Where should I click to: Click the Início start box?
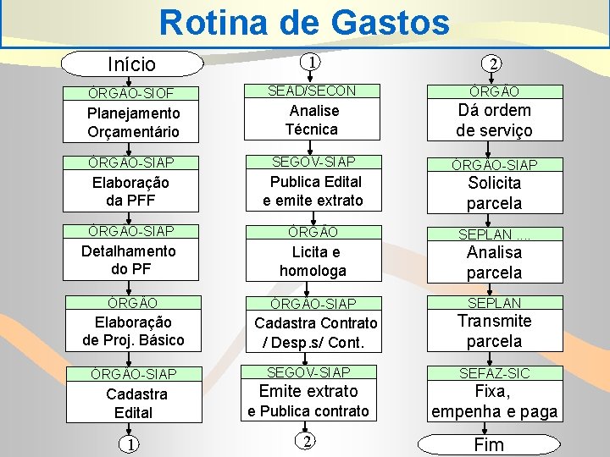[132, 64]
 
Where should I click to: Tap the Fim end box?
[489, 444]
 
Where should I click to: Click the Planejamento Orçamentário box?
[133, 122]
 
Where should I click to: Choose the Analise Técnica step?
[313, 119]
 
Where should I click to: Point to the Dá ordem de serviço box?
[494, 120]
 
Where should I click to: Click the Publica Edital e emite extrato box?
[313, 190]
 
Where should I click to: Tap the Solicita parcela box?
[494, 193]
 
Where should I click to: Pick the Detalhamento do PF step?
[129, 260]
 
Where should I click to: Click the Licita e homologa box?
[313, 261]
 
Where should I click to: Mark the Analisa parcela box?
[494, 262]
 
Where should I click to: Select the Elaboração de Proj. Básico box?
[133, 330]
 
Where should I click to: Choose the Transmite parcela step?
[494, 331]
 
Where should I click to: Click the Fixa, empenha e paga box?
[494, 401]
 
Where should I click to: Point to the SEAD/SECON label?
[313, 91]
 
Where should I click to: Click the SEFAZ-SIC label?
[494, 372]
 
